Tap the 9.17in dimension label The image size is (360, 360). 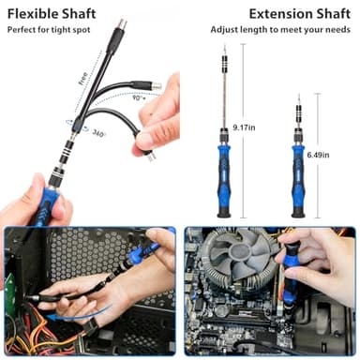tap(246, 127)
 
